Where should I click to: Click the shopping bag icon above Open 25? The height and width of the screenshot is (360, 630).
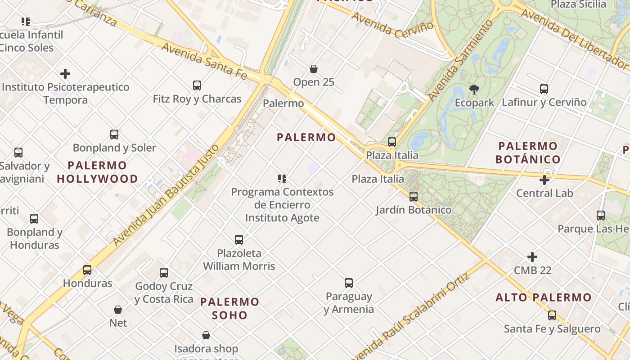[x=314, y=69]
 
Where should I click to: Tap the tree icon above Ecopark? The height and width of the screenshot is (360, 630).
[x=474, y=89]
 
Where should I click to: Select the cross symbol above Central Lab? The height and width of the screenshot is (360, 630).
[x=544, y=180]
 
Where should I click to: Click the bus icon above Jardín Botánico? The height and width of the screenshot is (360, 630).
[x=413, y=197]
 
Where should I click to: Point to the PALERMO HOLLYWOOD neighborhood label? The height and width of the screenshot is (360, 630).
[x=97, y=172]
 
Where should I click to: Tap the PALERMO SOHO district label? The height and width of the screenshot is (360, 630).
[x=230, y=308]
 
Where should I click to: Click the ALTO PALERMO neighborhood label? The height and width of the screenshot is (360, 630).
[x=544, y=297]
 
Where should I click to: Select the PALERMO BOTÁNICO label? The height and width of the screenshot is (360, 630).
[x=528, y=153]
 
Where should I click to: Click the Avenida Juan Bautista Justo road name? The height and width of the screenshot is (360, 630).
[x=166, y=195]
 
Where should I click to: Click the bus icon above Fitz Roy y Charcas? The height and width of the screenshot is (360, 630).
[x=197, y=85]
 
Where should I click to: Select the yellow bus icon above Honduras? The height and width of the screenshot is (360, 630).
[x=87, y=270]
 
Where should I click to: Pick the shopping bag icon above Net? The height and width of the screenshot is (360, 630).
[x=118, y=310]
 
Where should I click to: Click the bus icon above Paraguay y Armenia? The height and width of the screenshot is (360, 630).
[x=349, y=283]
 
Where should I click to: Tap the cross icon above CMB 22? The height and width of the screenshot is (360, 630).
[x=532, y=257]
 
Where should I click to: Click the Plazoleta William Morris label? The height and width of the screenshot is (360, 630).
[x=239, y=260]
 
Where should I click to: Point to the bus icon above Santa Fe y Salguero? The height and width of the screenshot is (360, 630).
[x=552, y=315]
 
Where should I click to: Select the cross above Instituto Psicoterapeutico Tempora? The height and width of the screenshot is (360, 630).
[x=65, y=73]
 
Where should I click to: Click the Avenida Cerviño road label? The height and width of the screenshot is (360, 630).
[x=392, y=26]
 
